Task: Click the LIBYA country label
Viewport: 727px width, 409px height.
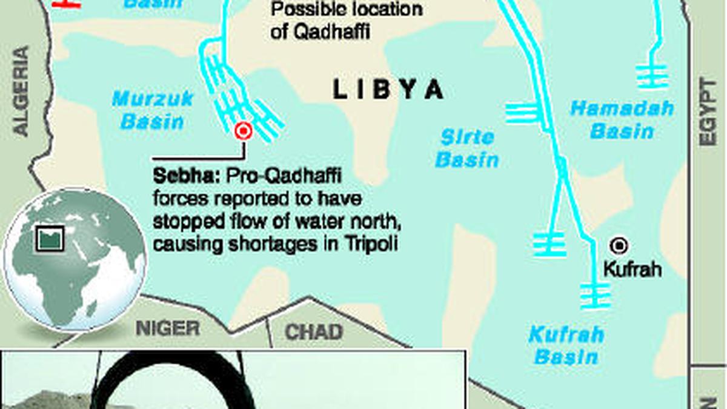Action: pyautogui.click(x=388, y=90)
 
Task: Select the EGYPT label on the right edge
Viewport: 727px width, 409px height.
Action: pyautogui.click(x=707, y=112)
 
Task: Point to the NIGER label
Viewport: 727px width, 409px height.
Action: pyautogui.click(x=167, y=329)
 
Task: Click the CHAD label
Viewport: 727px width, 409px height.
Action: pyautogui.click(x=313, y=332)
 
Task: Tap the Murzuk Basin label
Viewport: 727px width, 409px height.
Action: pyautogui.click(x=153, y=110)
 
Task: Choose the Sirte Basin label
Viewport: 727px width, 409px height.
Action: pyautogui.click(x=467, y=148)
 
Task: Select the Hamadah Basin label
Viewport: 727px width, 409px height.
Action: pyautogui.click(x=622, y=119)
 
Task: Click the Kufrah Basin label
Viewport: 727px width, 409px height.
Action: pyautogui.click(x=566, y=345)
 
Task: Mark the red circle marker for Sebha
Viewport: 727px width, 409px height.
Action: pyautogui.click(x=244, y=131)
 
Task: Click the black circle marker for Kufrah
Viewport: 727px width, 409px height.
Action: pyautogui.click(x=619, y=245)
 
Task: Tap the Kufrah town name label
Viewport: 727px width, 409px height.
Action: pyautogui.click(x=632, y=269)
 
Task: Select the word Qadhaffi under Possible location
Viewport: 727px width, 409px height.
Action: pyautogui.click(x=329, y=32)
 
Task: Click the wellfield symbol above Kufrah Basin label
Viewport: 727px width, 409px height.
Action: pyautogui.click(x=595, y=295)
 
